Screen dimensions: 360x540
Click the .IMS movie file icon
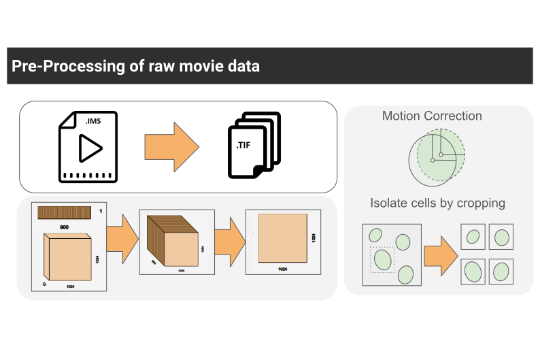click(x=88, y=147)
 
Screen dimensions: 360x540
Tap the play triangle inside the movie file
click(x=89, y=148)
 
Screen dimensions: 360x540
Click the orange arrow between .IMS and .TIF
click(x=171, y=147)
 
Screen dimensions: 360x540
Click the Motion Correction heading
click(x=432, y=116)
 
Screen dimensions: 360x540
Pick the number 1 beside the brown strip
click(x=101, y=211)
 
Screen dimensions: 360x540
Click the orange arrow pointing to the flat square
click(x=229, y=241)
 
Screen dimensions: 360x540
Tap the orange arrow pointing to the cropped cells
click(x=441, y=256)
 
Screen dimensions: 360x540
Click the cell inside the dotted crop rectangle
click(x=383, y=259)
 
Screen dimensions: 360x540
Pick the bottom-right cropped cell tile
click(x=502, y=271)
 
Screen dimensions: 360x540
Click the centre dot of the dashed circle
click(x=441, y=155)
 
